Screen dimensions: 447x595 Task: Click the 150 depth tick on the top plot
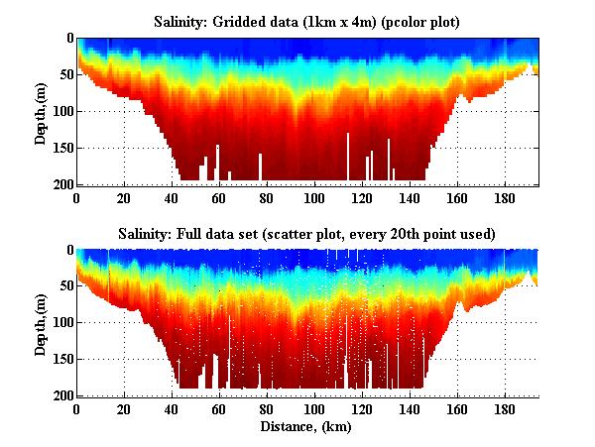point(61,148)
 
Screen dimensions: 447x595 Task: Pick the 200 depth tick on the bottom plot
point(61,395)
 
